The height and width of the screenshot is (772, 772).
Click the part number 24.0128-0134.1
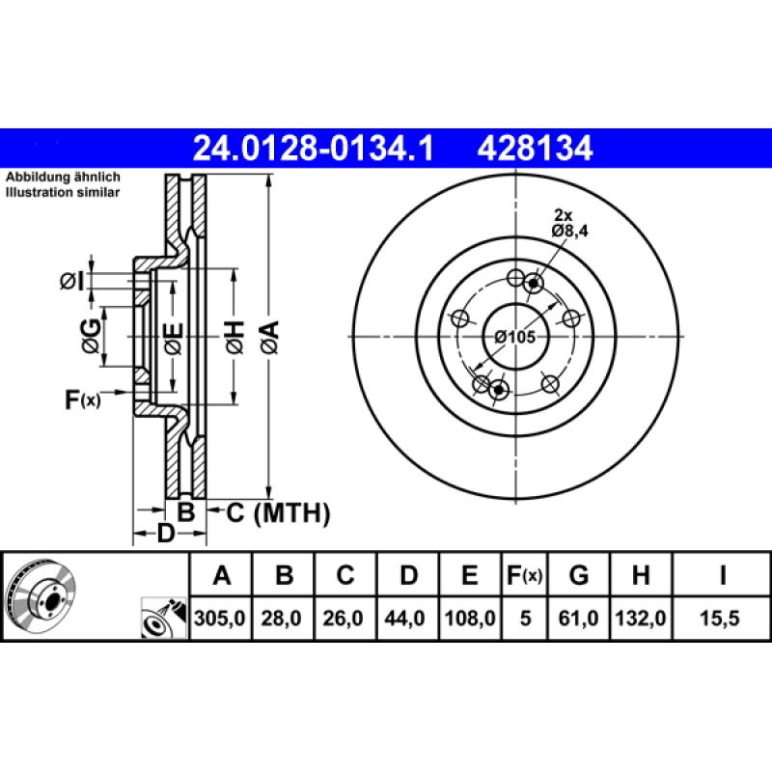click(315, 149)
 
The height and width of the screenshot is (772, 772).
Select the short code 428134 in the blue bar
click(533, 149)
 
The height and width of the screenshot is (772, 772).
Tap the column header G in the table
click(579, 576)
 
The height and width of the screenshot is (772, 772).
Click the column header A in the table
click(222, 576)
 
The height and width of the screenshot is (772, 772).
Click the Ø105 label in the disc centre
click(514, 337)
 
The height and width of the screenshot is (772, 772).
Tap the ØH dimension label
click(234, 338)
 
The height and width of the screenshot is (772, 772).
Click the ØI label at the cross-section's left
click(72, 282)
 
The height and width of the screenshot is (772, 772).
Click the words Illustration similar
click(63, 193)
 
